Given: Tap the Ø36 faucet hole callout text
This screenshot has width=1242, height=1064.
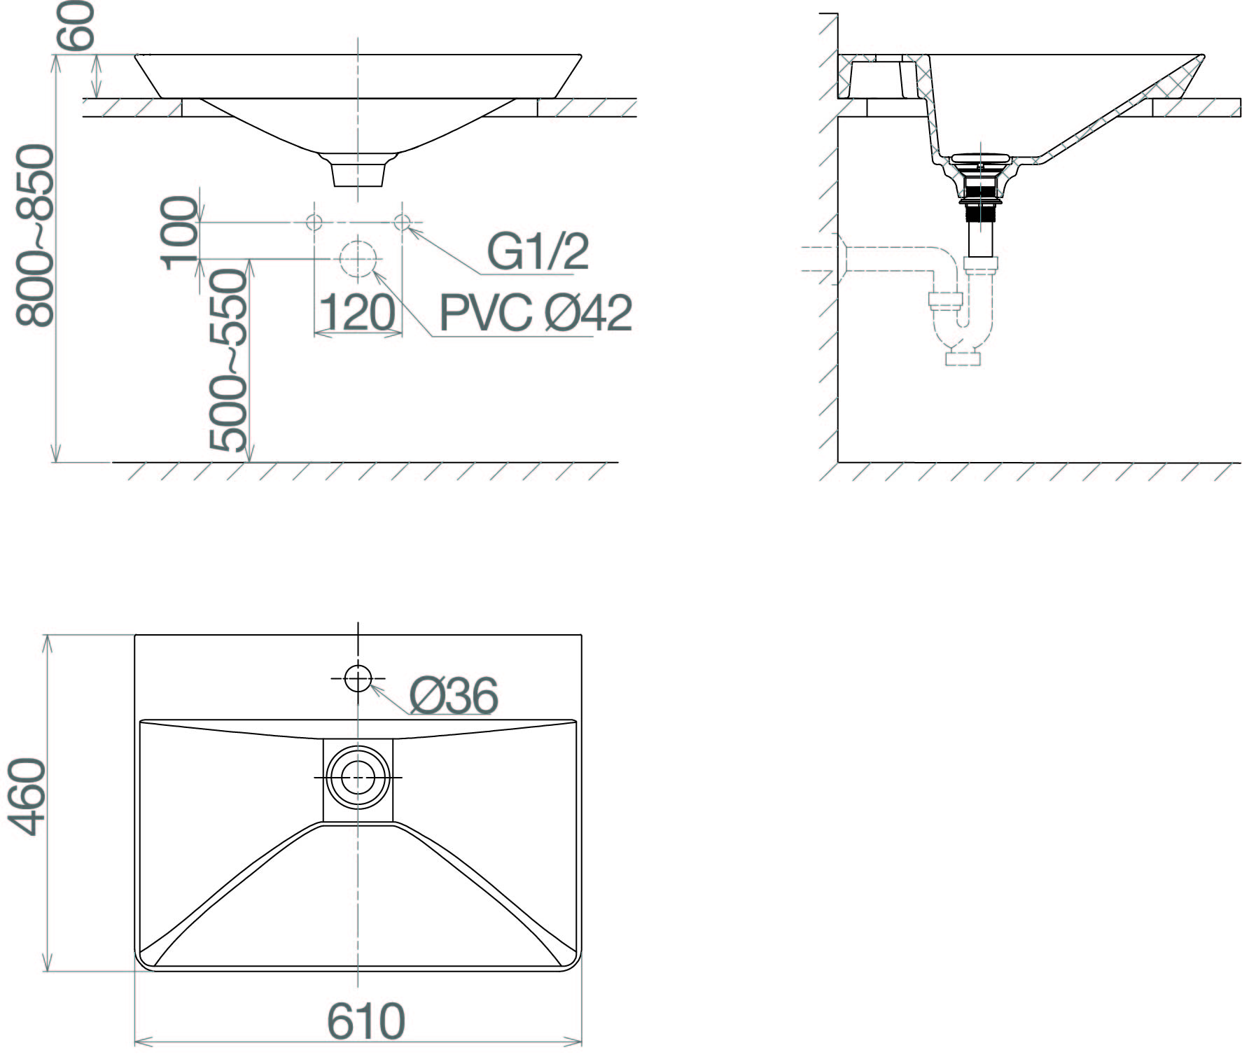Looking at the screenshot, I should coord(454,696).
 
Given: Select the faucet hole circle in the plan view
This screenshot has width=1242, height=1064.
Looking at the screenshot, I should coord(358,678).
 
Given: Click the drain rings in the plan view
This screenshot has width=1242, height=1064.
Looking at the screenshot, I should coord(358,778).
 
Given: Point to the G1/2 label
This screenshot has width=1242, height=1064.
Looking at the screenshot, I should coord(538,252).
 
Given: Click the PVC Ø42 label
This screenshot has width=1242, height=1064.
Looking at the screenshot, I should coord(536,313).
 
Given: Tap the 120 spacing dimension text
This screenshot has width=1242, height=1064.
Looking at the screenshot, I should coord(357,313).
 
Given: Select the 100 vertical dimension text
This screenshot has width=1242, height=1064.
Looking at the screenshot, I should coord(180,234).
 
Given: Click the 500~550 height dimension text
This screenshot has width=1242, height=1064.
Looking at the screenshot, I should coord(229,360).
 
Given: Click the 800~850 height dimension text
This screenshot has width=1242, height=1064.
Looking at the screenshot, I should coord(35,235).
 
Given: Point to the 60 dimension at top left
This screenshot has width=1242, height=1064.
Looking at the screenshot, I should coord(75,25).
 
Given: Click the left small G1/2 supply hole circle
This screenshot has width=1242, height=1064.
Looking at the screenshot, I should coord(314,223).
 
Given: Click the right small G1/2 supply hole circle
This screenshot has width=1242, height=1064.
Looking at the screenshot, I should coord(402,223).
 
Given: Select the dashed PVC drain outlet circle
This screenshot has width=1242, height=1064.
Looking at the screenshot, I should coord(358,259).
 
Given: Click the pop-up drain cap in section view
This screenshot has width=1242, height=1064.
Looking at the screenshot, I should coord(979,157).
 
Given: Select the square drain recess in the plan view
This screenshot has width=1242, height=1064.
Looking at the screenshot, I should coord(358,780).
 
